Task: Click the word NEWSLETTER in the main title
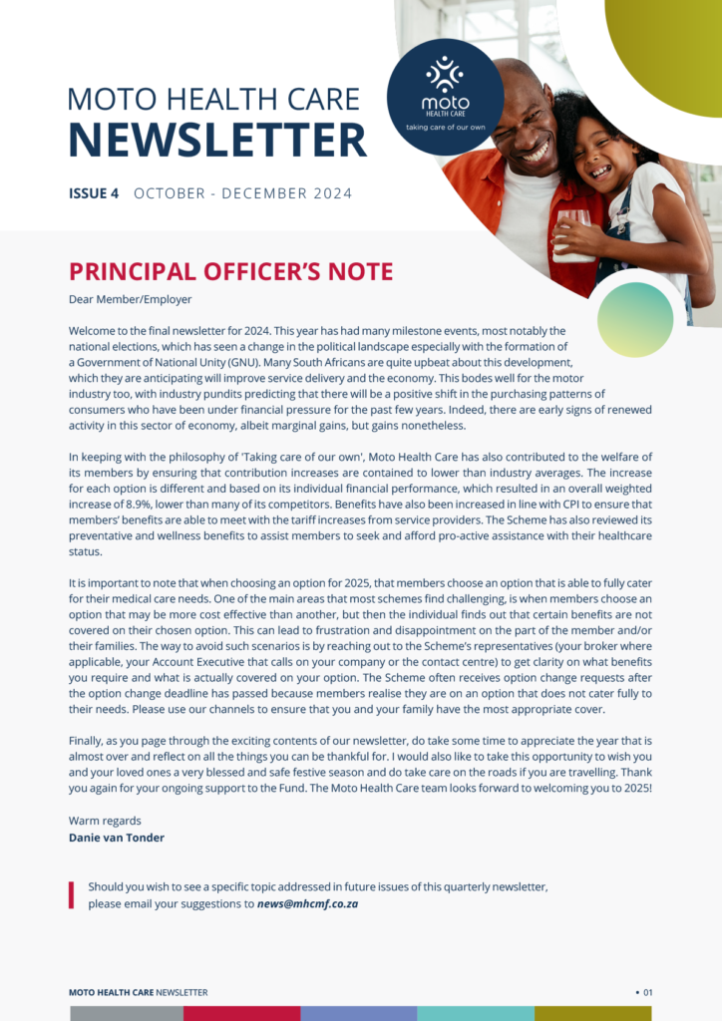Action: (217, 140)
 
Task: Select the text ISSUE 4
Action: (94, 193)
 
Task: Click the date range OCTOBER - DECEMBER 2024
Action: (243, 193)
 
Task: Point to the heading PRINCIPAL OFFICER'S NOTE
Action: (230, 271)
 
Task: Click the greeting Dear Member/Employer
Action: (130, 299)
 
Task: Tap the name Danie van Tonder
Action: (117, 838)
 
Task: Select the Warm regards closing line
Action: (105, 821)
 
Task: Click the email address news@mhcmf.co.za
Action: (307, 904)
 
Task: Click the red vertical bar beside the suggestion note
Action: (72, 894)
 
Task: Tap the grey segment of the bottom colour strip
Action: (127, 1013)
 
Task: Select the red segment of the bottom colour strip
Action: (242, 1013)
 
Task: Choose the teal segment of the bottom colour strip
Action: (475, 1013)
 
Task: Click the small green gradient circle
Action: (635, 319)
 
